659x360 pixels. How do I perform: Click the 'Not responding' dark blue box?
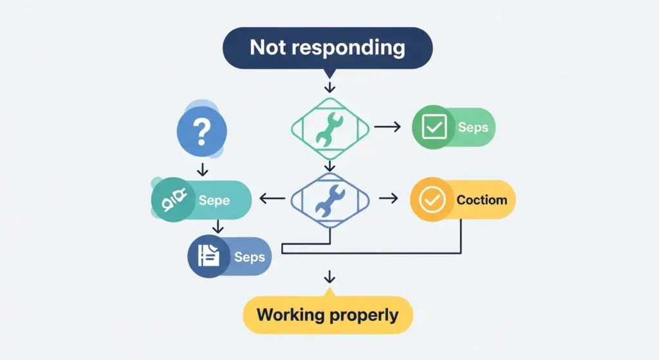tap(328, 48)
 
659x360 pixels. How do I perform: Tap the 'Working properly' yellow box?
tap(328, 315)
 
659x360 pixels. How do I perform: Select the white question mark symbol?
tap(201, 131)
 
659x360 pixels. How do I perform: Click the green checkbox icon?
tap(433, 127)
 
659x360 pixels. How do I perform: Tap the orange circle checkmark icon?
tap(431, 200)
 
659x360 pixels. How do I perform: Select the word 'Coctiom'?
tap(481, 200)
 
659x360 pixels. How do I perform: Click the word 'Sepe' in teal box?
tap(214, 200)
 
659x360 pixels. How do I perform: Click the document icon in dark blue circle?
tap(208, 256)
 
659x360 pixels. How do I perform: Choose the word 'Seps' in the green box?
tap(473, 127)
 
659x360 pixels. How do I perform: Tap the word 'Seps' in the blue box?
tap(249, 256)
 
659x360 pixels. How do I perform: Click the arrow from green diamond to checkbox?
tap(387, 127)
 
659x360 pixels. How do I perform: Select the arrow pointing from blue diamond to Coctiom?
tap(389, 200)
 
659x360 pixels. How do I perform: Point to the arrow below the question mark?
tap(202, 169)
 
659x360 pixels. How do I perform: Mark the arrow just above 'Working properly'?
tap(329, 277)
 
